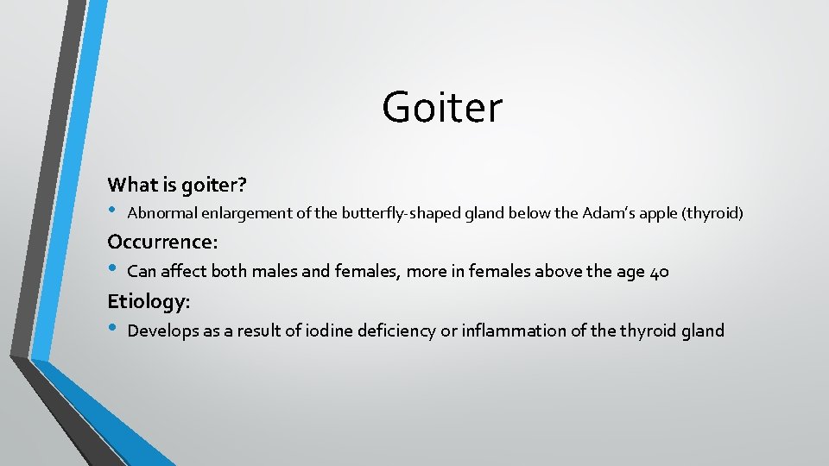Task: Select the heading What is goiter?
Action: pyautogui.click(x=177, y=184)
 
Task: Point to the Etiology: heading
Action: pyautogui.click(x=149, y=301)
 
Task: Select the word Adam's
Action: pyautogui.click(x=610, y=213)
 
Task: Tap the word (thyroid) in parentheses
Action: pyautogui.click(x=712, y=213)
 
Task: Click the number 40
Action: pyautogui.click(x=659, y=272)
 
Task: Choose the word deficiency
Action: pyautogui.click(x=396, y=331)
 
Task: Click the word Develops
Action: pyautogui.click(x=161, y=331)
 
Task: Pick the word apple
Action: pyautogui.click(x=659, y=213)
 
